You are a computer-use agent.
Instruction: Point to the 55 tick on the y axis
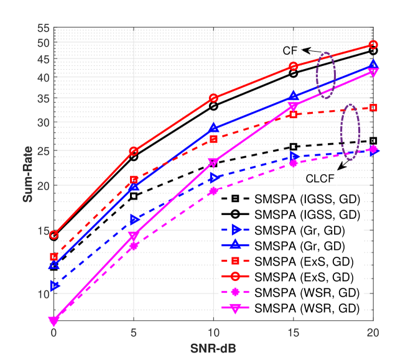click(x=42, y=29)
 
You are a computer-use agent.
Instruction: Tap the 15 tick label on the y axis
click(x=42, y=230)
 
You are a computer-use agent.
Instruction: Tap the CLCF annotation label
click(x=319, y=177)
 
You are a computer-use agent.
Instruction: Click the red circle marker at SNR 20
click(x=373, y=45)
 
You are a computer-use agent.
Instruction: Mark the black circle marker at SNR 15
click(x=294, y=73)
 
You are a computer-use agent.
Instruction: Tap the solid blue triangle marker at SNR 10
click(x=213, y=129)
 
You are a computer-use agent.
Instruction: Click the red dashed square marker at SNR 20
click(x=373, y=108)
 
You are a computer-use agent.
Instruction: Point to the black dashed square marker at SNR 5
click(x=133, y=196)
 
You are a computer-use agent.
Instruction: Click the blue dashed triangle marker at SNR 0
click(x=54, y=286)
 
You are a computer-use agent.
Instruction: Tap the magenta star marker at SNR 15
click(x=294, y=163)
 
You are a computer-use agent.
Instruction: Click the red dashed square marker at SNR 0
click(x=54, y=257)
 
